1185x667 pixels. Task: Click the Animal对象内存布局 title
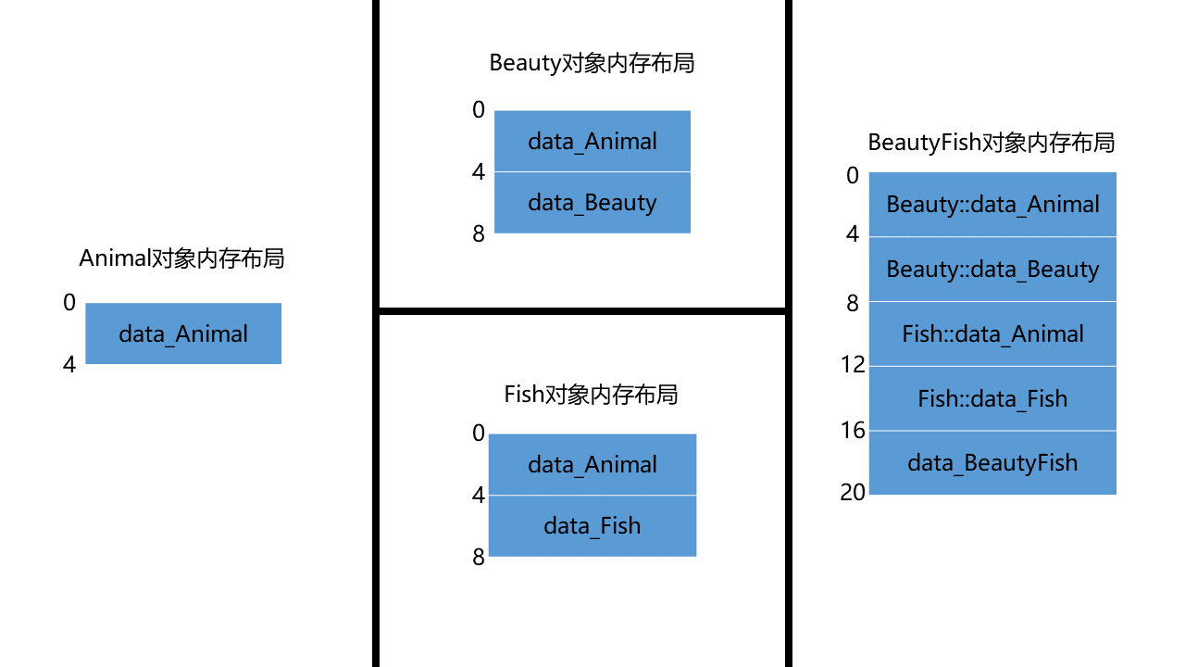point(181,258)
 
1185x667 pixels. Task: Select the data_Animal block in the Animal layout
point(183,333)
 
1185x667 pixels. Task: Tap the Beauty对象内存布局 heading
point(592,63)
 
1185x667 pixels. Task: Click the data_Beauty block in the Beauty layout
point(592,203)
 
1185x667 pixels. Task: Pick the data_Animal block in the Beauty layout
point(592,142)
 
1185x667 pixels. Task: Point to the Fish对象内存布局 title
point(591,395)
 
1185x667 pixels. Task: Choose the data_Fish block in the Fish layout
point(592,526)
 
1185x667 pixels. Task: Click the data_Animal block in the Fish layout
point(592,465)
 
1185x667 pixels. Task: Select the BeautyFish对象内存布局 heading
point(991,143)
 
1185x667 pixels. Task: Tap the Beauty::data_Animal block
point(992,205)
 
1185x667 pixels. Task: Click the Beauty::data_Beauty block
point(992,270)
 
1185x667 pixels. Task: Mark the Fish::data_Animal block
point(992,334)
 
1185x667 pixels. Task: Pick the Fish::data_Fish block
point(992,399)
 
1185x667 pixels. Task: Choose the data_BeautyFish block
point(992,463)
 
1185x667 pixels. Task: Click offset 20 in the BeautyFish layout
point(853,493)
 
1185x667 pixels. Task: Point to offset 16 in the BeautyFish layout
point(853,430)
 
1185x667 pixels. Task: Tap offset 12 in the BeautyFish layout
point(853,365)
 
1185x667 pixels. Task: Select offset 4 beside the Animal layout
point(69,365)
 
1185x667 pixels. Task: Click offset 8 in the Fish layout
point(479,558)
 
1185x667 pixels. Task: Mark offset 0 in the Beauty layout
point(479,110)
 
